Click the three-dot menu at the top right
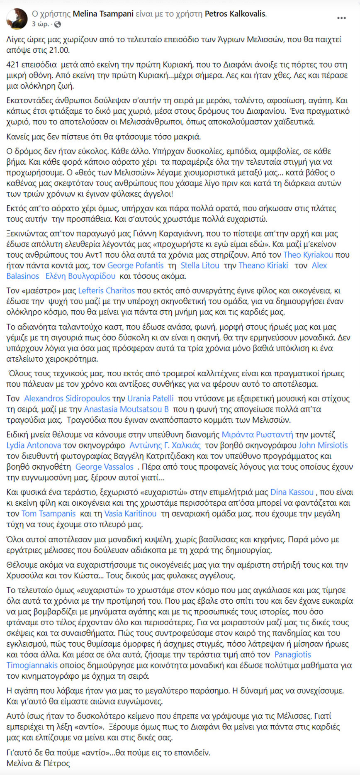[341, 18]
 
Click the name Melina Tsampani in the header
[103, 14]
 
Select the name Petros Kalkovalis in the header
[235, 14]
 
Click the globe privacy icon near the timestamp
[58, 24]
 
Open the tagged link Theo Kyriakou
[308, 255]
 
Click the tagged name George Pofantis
[136, 266]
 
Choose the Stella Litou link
[200, 266]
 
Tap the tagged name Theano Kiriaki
[263, 266]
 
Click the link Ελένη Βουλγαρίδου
[80, 276]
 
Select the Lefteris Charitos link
[107, 291]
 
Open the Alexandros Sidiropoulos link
[67, 399]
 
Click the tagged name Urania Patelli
[151, 399]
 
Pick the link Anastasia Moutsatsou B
[126, 409]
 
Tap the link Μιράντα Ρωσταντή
[257, 435]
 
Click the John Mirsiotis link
[323, 446]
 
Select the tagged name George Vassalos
[105, 467]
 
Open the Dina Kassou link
[292, 492]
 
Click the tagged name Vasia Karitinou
[131, 514]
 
